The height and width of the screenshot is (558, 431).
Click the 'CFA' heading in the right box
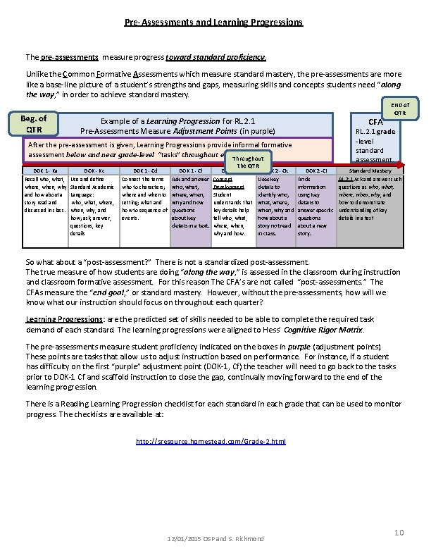click(376, 122)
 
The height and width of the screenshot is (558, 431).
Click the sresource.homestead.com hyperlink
click(210, 441)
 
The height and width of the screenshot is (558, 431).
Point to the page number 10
click(399, 533)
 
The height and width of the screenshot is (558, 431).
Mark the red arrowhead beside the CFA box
click(403, 165)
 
